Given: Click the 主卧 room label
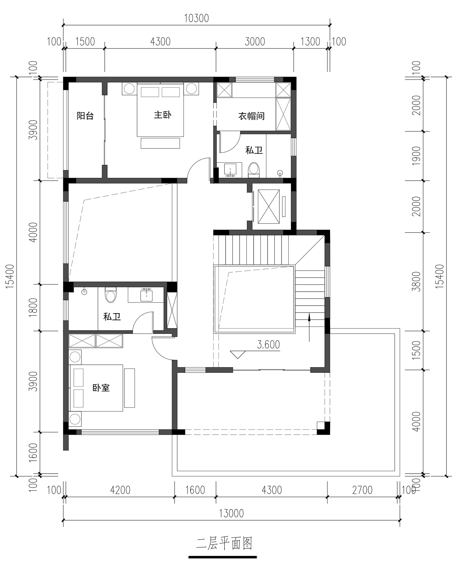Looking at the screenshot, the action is (162, 115).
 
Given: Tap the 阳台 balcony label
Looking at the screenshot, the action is (85, 116).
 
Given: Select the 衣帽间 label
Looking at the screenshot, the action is (251, 116).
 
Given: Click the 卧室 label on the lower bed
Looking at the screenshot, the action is (101, 388).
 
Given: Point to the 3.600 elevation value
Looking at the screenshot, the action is (268, 345).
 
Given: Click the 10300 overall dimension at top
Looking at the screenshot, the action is (196, 18).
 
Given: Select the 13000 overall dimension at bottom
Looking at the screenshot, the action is (231, 513).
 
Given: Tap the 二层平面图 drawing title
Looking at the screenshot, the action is (224, 543).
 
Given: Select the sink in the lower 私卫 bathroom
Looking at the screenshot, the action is (146, 295).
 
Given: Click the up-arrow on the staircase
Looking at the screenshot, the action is (309, 327).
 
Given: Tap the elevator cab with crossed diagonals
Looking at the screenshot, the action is (269, 207).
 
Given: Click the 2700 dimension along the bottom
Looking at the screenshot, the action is (363, 490).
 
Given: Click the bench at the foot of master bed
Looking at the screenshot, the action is (160, 143).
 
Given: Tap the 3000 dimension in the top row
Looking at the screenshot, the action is (255, 41).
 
